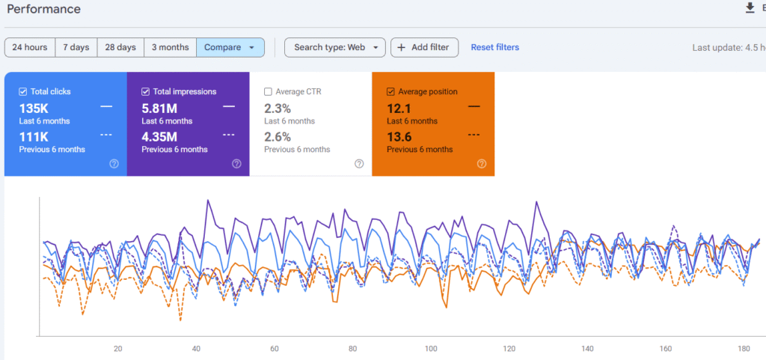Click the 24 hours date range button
[x=30, y=47]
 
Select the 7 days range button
[x=76, y=47]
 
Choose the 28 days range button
[x=120, y=47]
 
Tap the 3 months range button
[x=170, y=47]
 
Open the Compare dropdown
[x=230, y=47]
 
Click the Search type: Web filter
[x=334, y=47]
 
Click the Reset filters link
[x=494, y=47]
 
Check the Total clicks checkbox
[x=23, y=91]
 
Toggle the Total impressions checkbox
[x=146, y=91]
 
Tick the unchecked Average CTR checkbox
[x=269, y=91]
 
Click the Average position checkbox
[x=391, y=91]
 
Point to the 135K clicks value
[x=34, y=108]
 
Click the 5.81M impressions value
[x=159, y=108]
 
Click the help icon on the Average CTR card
[x=359, y=164]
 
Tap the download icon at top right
[x=750, y=8]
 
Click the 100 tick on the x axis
[x=431, y=349]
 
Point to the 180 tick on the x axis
[x=744, y=349]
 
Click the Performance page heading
[x=43, y=9]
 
